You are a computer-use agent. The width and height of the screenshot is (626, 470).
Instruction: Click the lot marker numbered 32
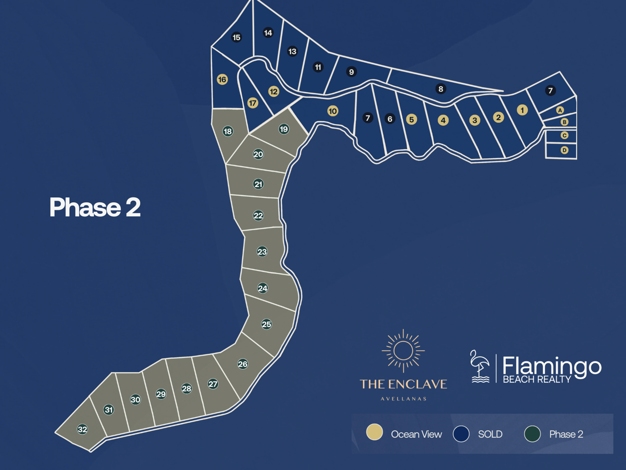tap(83, 429)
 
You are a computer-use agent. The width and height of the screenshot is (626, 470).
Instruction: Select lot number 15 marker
tap(237, 37)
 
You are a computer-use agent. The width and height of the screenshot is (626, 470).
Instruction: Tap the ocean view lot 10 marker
tap(333, 111)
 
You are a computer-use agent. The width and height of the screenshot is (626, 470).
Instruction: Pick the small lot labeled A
tap(560, 110)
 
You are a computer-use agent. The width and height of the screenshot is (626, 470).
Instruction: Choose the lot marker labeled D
tap(564, 150)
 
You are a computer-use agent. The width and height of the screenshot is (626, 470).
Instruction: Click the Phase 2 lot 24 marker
tap(263, 288)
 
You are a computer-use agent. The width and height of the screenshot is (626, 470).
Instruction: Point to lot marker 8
tap(441, 89)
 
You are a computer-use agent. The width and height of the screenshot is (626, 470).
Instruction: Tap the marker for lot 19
tap(284, 129)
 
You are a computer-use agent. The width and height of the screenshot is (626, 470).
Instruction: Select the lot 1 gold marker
tap(522, 110)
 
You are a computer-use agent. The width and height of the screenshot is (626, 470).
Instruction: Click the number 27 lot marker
tap(213, 384)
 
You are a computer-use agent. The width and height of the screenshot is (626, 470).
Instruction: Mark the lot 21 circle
tap(258, 184)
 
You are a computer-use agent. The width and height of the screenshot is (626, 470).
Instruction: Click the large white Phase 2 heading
tap(95, 207)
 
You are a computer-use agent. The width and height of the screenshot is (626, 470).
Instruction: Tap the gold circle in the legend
tap(375, 432)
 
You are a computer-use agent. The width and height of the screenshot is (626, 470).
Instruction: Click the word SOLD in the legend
tap(490, 434)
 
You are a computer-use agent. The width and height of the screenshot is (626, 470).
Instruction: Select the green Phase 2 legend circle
tap(532, 434)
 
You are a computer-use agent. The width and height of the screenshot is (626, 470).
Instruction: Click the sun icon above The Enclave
tap(403, 351)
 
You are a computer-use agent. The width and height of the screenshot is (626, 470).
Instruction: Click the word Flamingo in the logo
tap(552, 366)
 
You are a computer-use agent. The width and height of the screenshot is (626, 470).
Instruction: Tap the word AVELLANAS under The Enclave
tap(403, 399)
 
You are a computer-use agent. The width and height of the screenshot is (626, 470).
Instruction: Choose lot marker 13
tap(292, 51)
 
